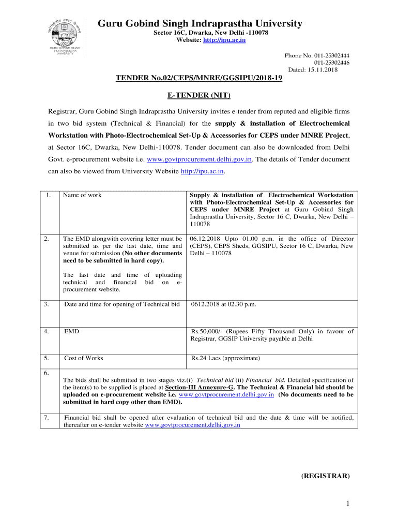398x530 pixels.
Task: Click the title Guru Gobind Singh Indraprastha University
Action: coord(200,24)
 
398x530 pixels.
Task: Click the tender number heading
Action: coord(198,79)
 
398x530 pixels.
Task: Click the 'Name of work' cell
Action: coord(82,195)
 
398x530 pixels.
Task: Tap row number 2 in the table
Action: coord(47,239)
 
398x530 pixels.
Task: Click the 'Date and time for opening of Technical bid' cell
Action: coord(122,304)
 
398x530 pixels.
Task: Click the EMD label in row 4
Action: coord(71,331)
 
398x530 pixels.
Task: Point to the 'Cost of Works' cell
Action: coord(83,358)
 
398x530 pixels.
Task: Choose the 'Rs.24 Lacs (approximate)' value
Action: coord(225,358)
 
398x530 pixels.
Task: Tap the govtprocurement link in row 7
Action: coord(193,425)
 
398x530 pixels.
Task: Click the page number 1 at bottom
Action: coord(349,504)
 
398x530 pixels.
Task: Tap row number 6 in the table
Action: coord(47,373)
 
